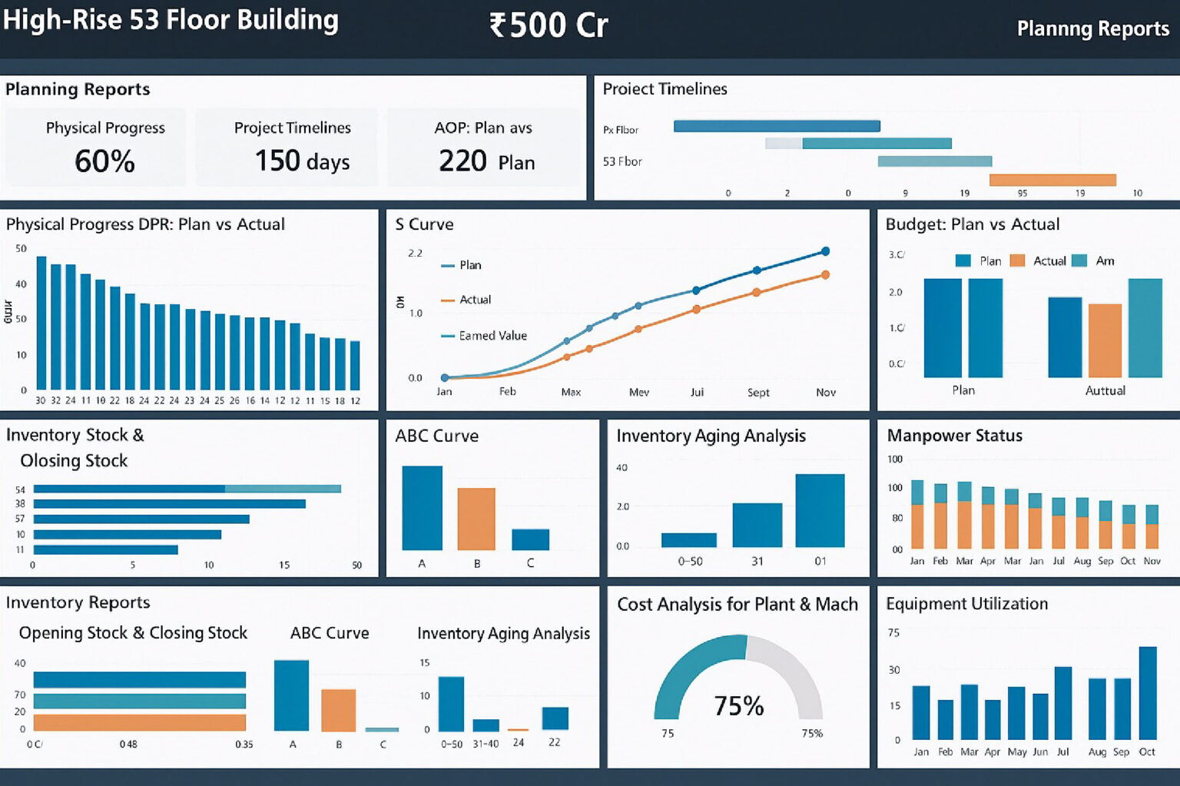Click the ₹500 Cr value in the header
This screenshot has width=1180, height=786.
tap(549, 25)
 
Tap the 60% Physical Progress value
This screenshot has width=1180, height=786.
tap(104, 161)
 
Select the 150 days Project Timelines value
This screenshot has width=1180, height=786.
tap(302, 161)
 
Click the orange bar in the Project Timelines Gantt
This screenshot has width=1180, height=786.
tap(1052, 180)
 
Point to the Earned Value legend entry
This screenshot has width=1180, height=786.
tap(492, 336)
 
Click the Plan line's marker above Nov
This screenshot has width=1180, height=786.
tap(825, 251)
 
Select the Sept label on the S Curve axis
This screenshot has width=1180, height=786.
tap(757, 393)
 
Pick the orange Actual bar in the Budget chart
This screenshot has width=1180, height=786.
tap(1105, 340)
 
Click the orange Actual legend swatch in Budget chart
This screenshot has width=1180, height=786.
tap(1017, 261)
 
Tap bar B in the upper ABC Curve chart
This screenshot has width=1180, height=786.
tap(476, 519)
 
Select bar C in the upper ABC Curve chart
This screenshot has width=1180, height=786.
tap(530, 539)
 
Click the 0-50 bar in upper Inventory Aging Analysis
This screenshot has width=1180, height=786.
tap(688, 540)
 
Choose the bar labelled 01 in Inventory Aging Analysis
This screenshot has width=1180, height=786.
tap(820, 510)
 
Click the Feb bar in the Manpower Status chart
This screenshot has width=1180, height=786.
tap(940, 516)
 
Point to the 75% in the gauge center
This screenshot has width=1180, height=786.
tap(738, 705)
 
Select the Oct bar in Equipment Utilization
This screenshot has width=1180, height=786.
tap(1147, 693)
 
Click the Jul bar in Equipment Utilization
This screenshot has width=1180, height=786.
tap(1062, 703)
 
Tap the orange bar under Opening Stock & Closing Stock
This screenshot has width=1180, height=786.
tap(139, 723)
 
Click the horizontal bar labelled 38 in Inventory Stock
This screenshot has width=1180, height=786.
tap(169, 504)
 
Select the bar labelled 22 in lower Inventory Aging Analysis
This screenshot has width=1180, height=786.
tap(555, 718)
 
